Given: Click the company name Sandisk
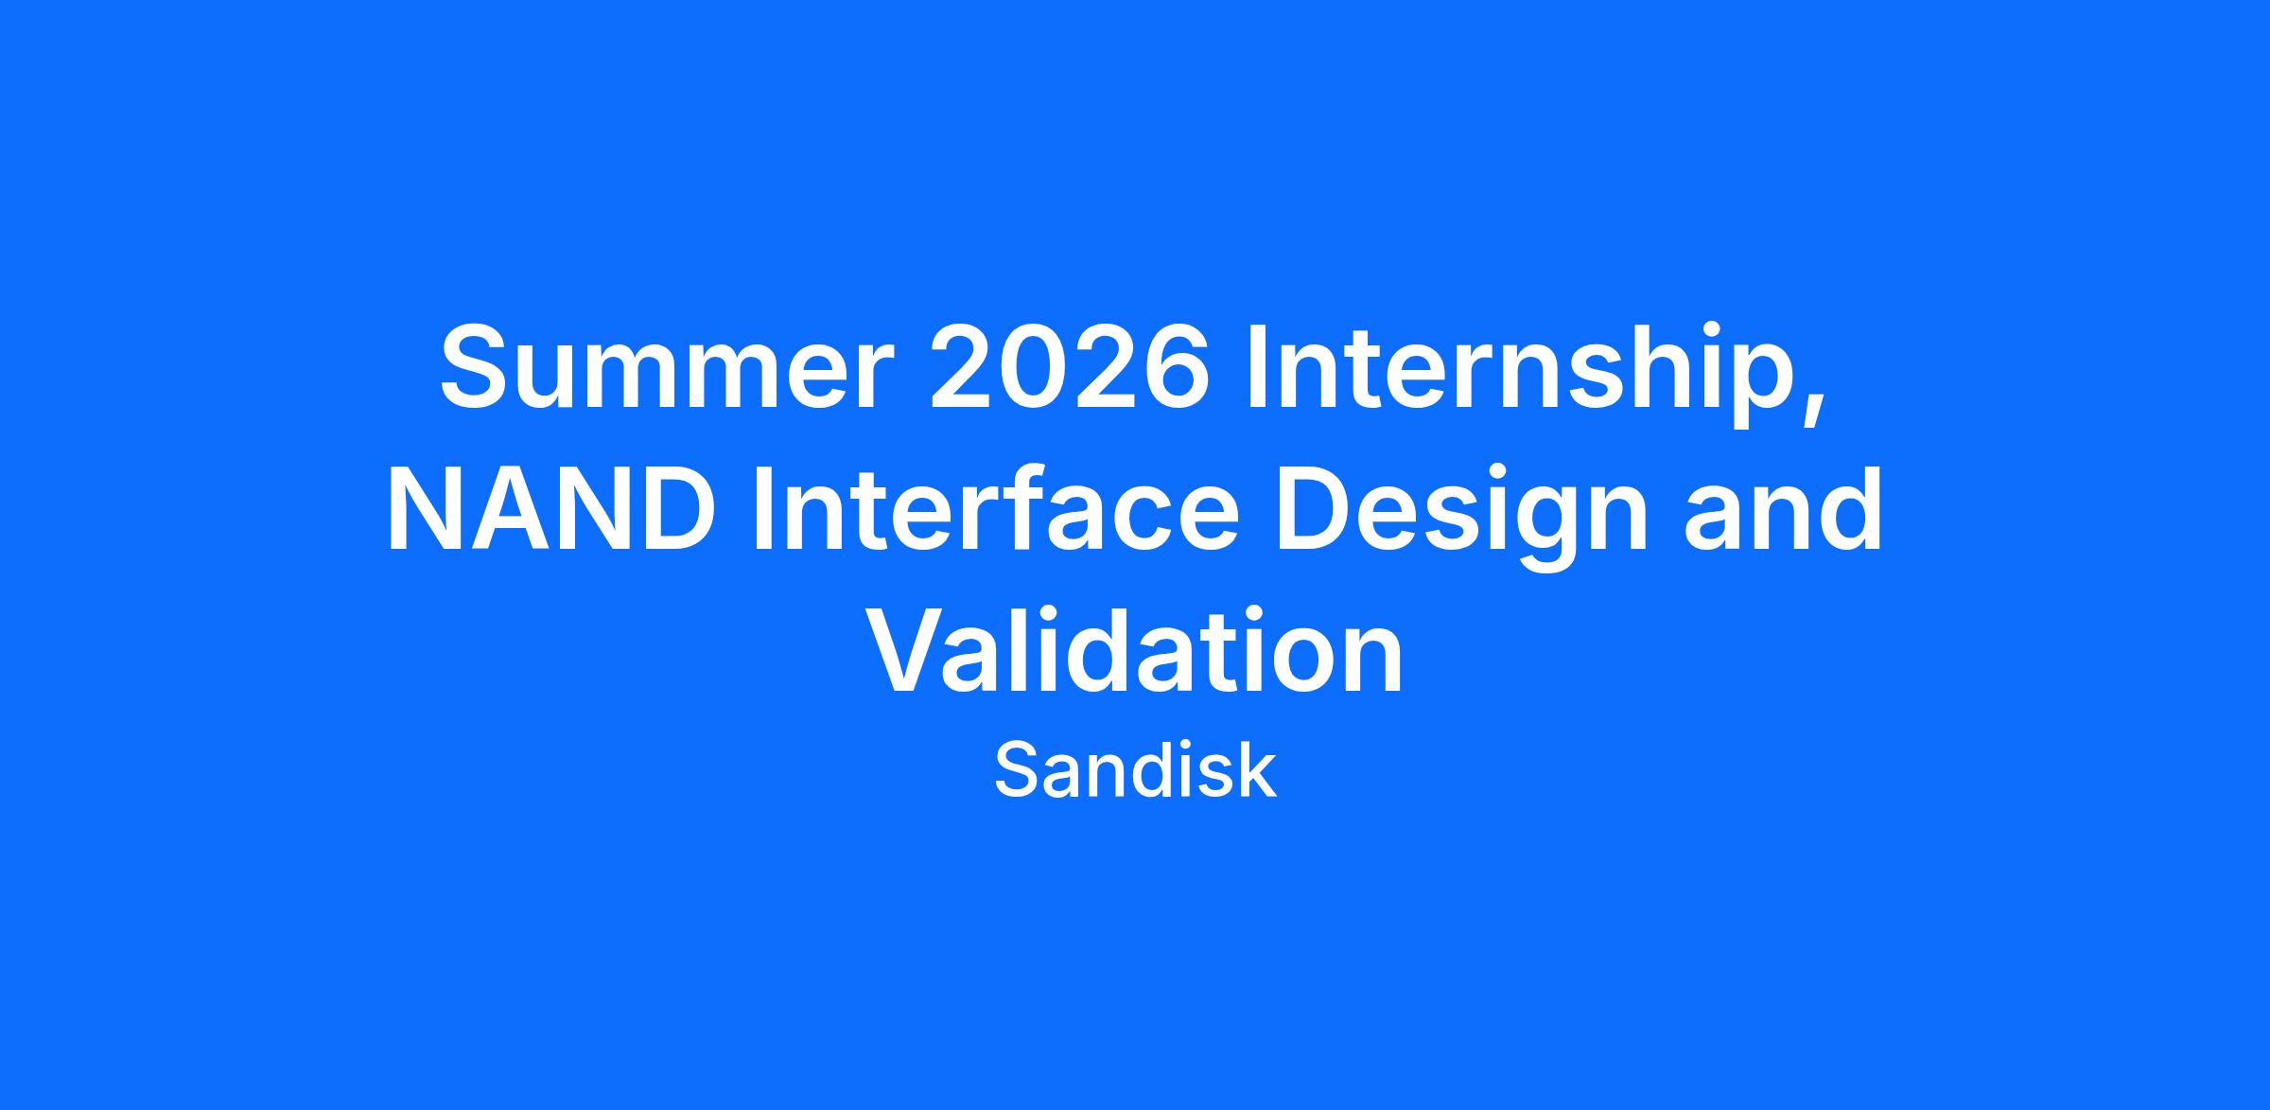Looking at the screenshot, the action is point(1135,771).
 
